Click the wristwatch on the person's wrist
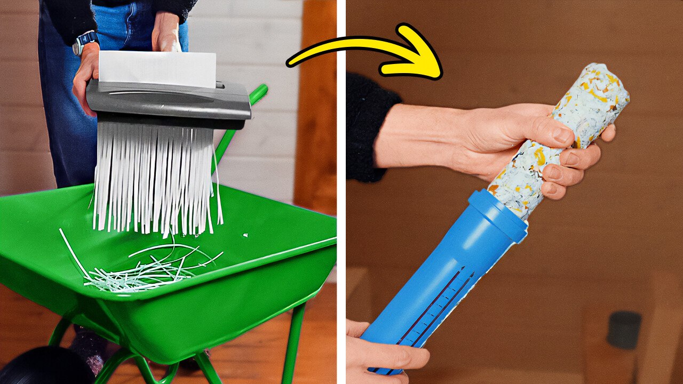(x=85, y=41)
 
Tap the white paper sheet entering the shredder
(x=157, y=69)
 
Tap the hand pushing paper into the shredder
(x=166, y=35)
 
